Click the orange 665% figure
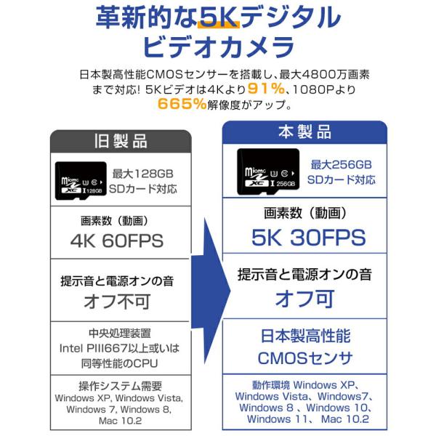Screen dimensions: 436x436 click(x=182, y=104)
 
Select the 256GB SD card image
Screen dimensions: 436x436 click(x=267, y=172)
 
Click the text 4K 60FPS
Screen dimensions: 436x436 click(x=117, y=241)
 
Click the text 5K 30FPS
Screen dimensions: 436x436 click(x=304, y=238)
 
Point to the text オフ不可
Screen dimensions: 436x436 click(x=117, y=299)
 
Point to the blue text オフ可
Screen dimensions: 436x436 click(x=304, y=297)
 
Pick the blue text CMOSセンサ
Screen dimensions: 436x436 click(x=304, y=358)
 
